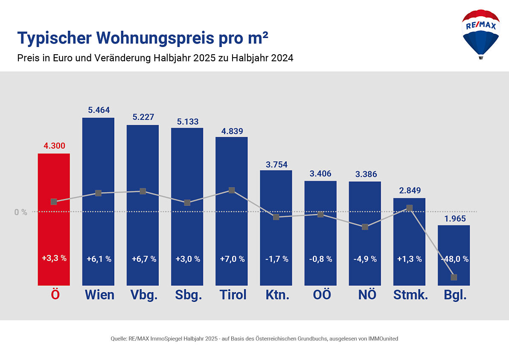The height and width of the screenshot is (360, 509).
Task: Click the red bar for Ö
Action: [54, 231]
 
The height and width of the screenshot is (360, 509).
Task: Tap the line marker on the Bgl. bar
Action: [454, 277]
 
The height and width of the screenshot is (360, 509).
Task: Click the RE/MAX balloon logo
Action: [480, 34]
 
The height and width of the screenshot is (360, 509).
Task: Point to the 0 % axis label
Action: [20, 212]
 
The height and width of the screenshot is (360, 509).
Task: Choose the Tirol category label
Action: [233, 295]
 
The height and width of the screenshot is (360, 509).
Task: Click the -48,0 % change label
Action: [454, 259]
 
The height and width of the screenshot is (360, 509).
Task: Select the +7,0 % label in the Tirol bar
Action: [232, 259]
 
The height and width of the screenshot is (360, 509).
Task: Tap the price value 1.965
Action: [454, 219]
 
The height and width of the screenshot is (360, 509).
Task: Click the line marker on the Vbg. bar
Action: [143, 191]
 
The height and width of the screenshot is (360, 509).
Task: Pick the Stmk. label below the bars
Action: [410, 295]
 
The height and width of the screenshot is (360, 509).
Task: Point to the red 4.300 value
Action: [54, 146]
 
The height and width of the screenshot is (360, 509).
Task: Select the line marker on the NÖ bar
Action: [365, 227]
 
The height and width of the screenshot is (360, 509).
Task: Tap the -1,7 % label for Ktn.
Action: [276, 259]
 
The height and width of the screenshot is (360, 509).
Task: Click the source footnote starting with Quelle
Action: [254, 339]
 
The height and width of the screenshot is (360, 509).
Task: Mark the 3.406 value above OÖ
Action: [320, 174]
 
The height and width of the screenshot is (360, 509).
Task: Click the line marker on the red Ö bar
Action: [54, 202]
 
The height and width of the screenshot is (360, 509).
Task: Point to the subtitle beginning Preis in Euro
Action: [155, 58]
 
